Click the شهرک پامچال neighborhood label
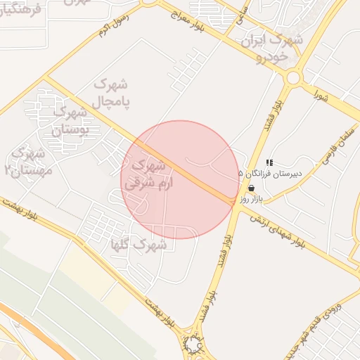(111, 93)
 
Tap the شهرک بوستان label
(70, 120)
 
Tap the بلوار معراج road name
(186, 20)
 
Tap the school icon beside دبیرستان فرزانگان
(269, 163)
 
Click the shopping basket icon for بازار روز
(251, 188)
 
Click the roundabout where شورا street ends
(294, 77)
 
